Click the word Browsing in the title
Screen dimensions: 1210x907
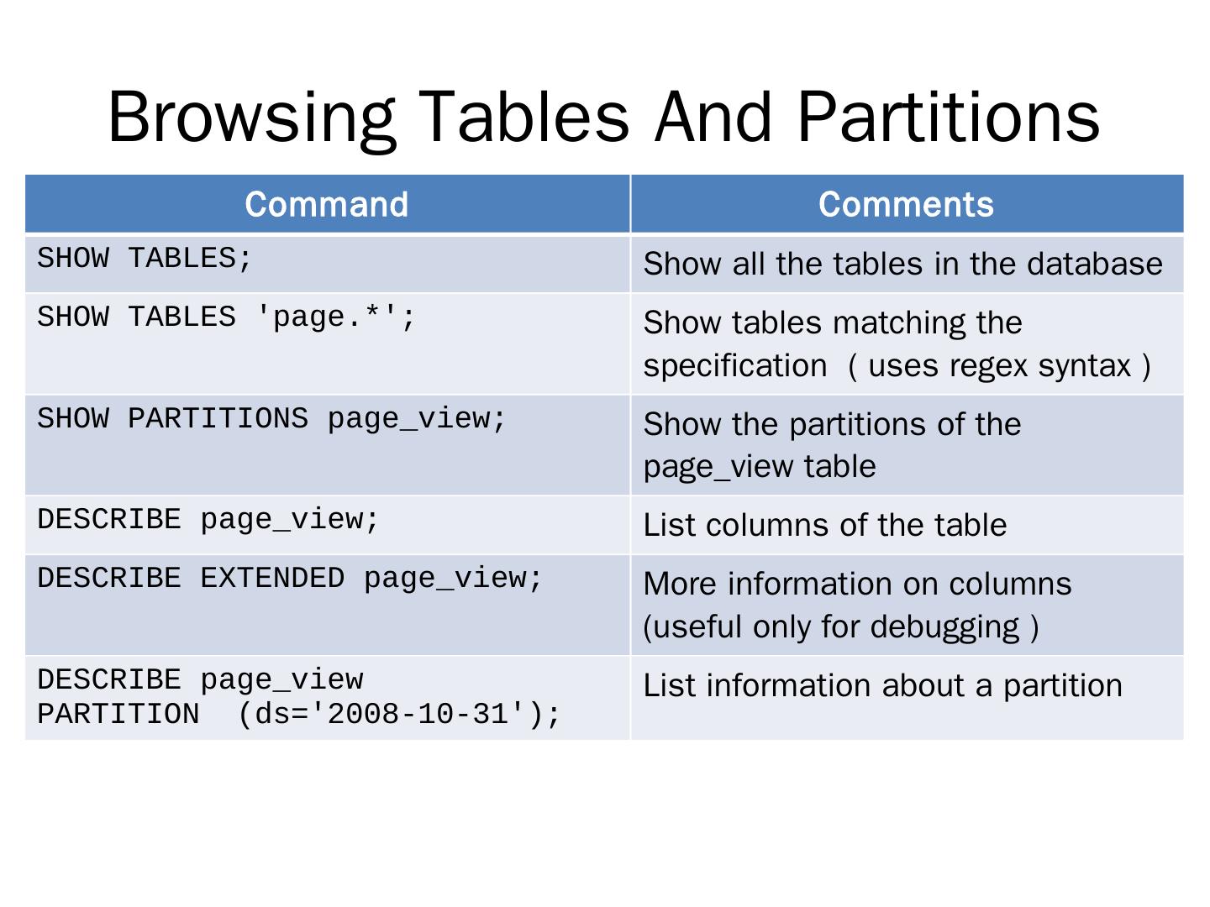[252, 119]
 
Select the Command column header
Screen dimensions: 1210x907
[326, 204]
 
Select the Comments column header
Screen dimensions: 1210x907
[906, 204]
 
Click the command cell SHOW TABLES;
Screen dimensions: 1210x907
[145, 259]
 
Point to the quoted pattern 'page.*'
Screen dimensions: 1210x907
[326, 317]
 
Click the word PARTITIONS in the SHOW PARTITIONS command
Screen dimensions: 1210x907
[218, 418]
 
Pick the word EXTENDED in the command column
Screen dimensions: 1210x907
[272, 578]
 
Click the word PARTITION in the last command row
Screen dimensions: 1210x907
[118, 714]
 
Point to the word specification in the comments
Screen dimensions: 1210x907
[734, 367]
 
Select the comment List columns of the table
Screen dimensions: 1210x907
[824, 525]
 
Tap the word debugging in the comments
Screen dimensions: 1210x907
[944, 628]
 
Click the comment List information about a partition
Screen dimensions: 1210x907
[882, 686]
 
